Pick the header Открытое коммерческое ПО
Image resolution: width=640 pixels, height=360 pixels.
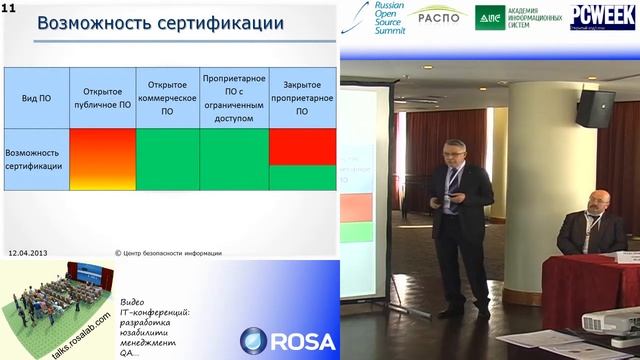(167, 100)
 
